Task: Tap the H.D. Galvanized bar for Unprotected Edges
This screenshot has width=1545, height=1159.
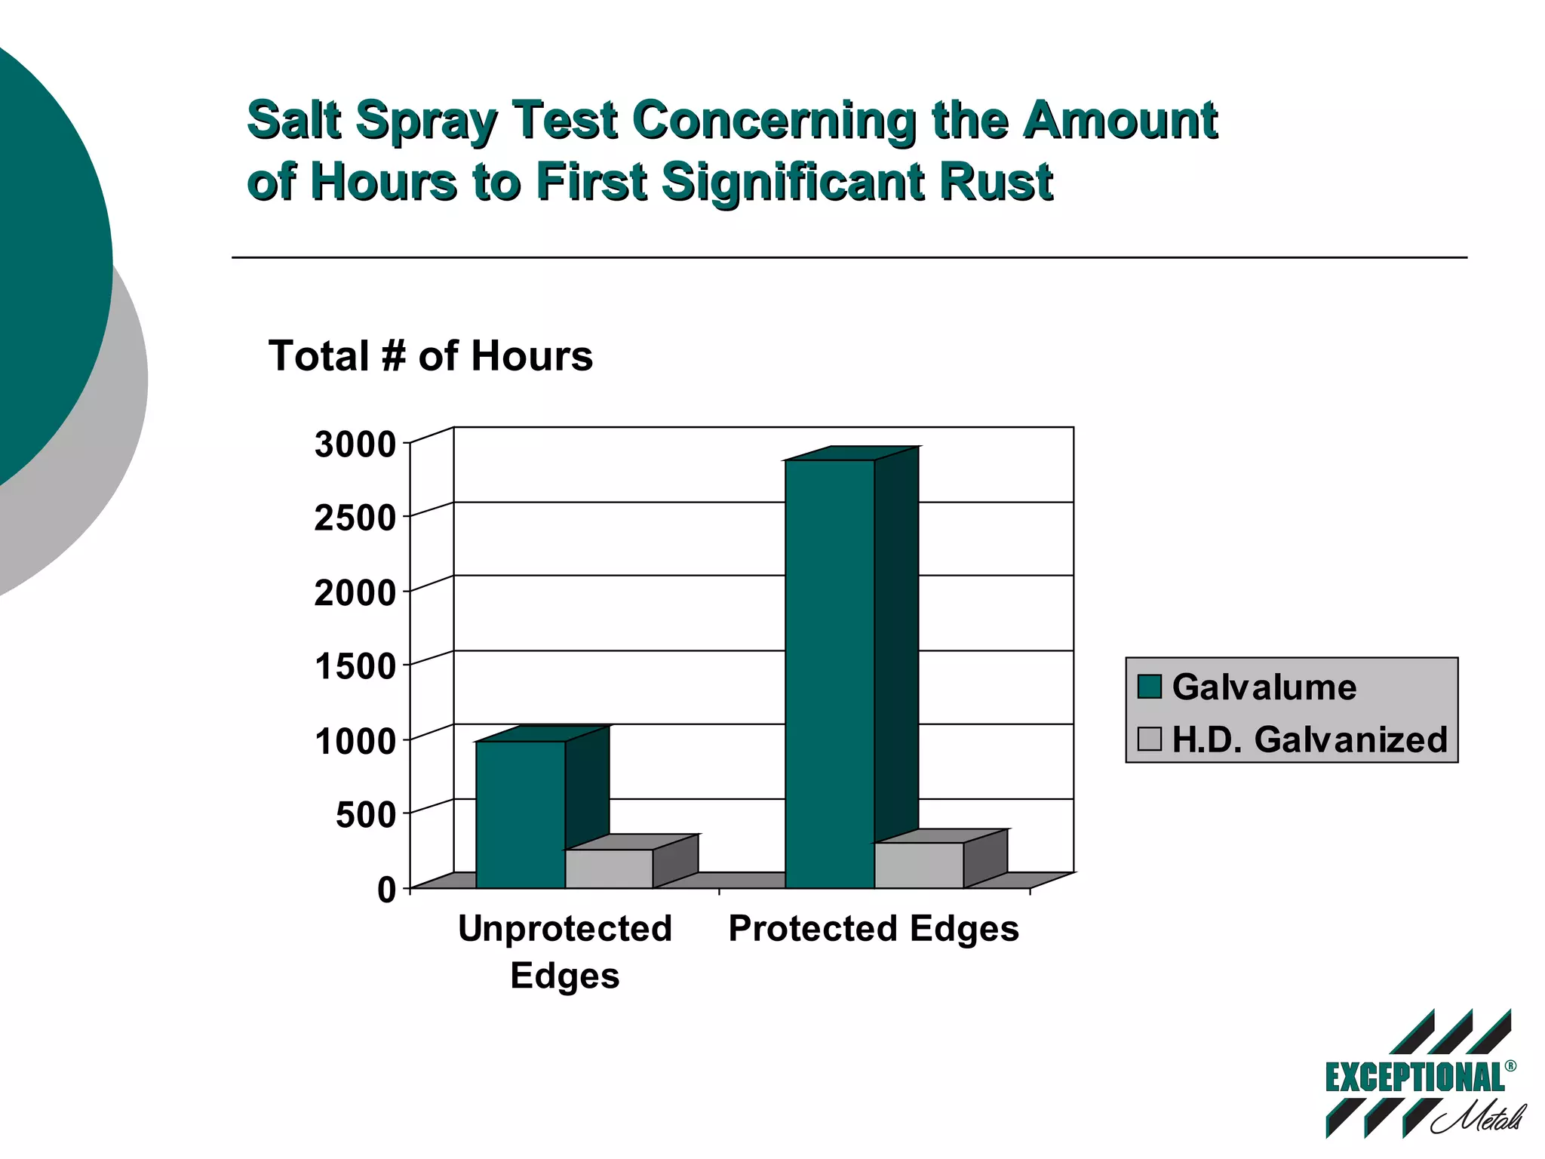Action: pos(608,868)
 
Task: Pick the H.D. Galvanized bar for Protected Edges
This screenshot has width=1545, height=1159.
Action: pos(918,865)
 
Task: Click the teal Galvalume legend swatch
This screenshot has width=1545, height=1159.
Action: pos(1149,687)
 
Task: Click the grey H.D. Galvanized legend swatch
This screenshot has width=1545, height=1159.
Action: pos(1149,739)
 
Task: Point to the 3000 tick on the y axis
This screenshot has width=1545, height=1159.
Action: pos(355,444)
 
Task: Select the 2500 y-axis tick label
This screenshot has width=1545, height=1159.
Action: pos(355,518)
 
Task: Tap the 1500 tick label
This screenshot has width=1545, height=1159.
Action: pos(355,667)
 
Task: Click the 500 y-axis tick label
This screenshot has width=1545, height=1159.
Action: pos(365,815)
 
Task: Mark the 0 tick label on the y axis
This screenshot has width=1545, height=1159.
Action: pos(386,890)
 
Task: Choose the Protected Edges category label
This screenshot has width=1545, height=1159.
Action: pos(873,928)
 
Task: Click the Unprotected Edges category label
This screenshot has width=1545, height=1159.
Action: pos(564,951)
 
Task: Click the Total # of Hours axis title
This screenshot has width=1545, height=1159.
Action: pos(431,355)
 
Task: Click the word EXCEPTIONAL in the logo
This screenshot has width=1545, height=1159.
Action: pos(1414,1078)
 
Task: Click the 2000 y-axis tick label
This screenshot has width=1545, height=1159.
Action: pos(355,593)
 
